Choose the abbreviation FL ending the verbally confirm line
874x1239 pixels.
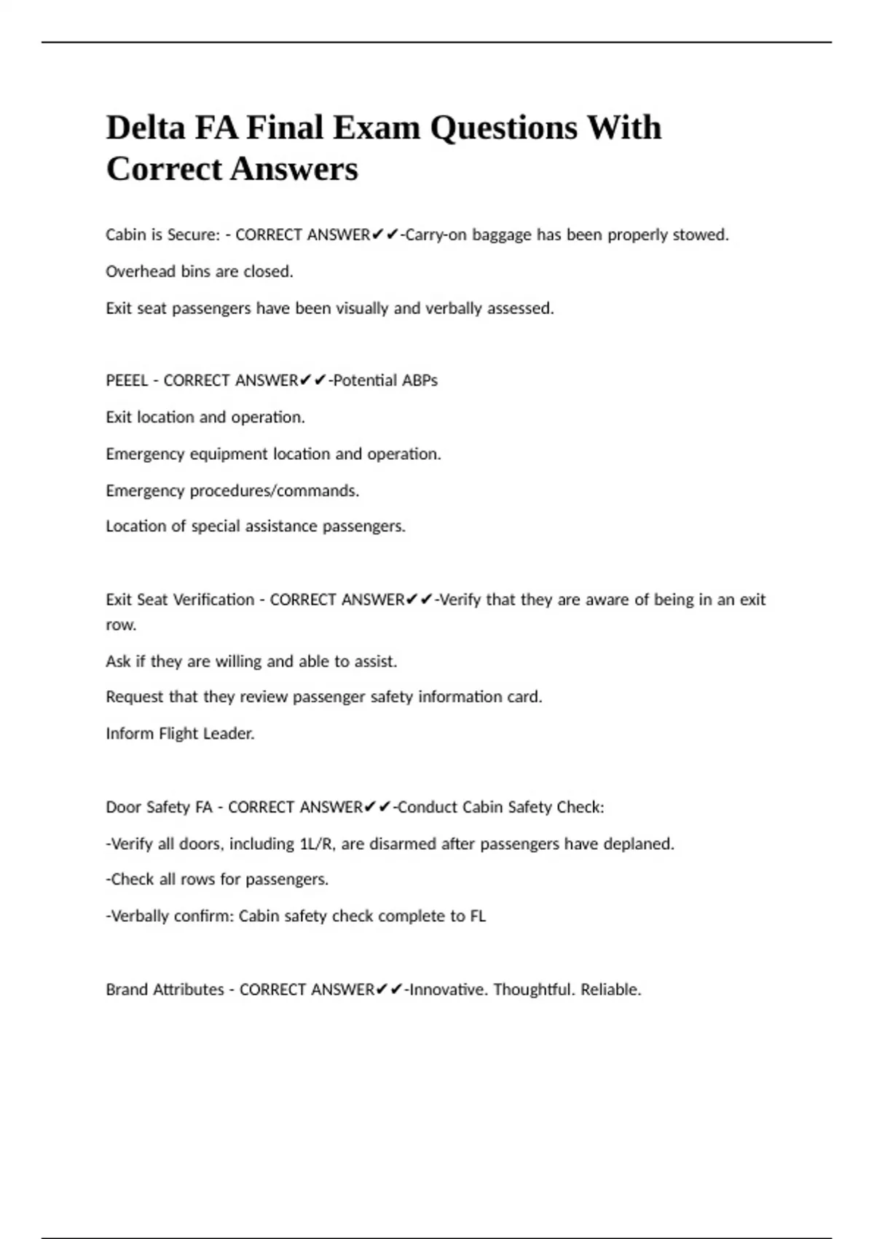click(x=477, y=915)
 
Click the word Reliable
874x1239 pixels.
click(x=610, y=989)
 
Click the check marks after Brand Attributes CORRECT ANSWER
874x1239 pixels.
click(x=389, y=989)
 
